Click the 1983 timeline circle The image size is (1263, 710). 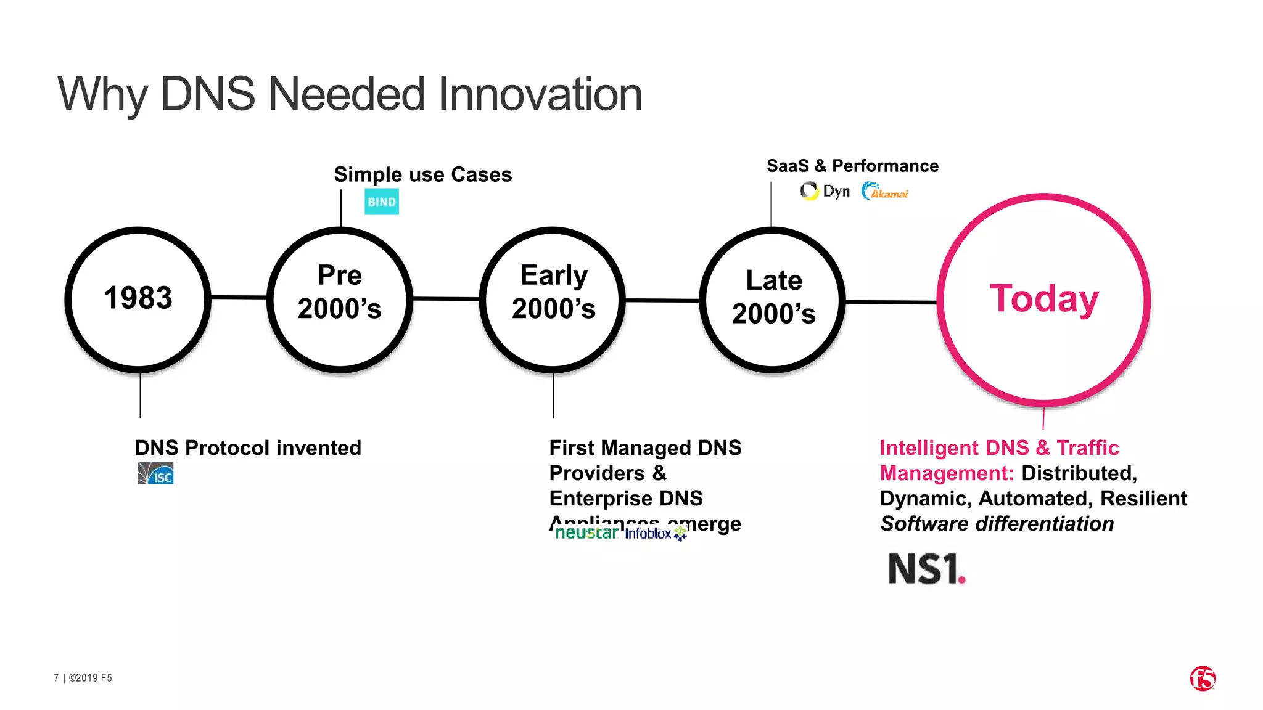pos(138,299)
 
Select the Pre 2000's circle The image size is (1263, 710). pos(340,299)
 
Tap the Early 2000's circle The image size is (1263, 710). pos(553,299)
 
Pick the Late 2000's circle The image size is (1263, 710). pos(773,299)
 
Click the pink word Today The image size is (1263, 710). pos(1044,299)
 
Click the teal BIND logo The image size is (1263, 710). pos(382,202)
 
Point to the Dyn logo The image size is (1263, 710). pos(825,191)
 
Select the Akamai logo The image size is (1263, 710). pos(885,192)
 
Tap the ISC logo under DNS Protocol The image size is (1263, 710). pos(155,473)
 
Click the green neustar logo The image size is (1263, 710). pos(586,533)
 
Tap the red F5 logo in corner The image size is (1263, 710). pos(1202,679)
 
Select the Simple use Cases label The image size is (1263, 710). pos(422,174)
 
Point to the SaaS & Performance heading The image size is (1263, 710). pos(852,166)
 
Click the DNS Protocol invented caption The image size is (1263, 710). pos(248,447)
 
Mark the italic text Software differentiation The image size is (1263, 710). pos(997,524)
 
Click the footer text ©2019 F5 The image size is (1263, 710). pos(90,678)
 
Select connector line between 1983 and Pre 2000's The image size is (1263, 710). pos(239,297)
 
